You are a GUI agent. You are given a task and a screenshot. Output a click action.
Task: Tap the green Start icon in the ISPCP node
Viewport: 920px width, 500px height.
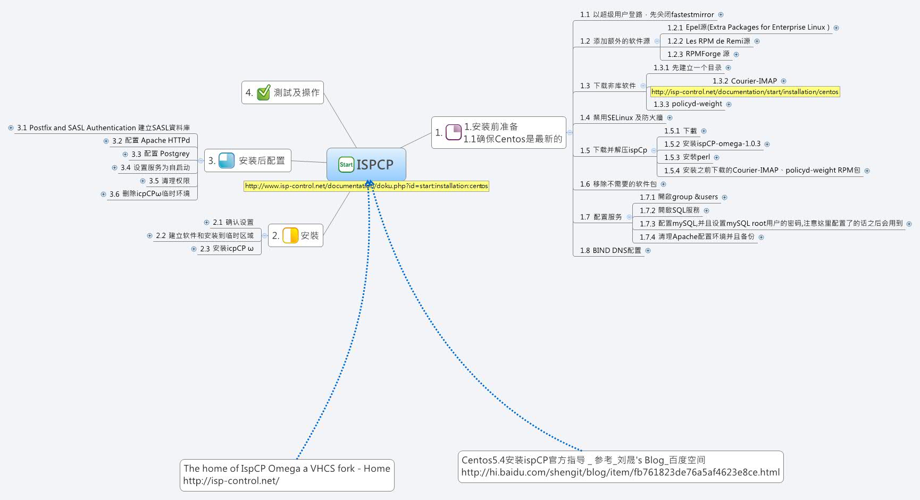click(x=346, y=165)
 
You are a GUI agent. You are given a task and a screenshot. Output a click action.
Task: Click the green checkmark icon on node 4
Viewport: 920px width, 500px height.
click(x=264, y=93)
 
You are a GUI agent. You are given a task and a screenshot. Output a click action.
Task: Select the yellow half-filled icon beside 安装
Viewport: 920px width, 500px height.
click(x=290, y=235)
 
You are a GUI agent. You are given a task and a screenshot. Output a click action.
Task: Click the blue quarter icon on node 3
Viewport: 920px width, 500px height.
click(x=227, y=160)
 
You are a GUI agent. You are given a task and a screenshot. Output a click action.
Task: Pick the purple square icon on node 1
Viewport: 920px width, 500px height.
click(x=454, y=132)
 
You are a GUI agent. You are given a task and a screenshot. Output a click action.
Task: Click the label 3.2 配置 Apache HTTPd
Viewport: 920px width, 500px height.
click(x=151, y=141)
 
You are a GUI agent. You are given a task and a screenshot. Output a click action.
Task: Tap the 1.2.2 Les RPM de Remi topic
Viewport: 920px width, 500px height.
click(x=708, y=41)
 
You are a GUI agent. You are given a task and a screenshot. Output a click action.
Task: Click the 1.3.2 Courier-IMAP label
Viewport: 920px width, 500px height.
click(x=745, y=81)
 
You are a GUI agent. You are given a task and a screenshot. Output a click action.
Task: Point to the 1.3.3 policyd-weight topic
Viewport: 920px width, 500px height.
click(x=688, y=104)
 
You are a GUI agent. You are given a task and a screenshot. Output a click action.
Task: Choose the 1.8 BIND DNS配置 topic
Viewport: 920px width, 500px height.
click(x=610, y=250)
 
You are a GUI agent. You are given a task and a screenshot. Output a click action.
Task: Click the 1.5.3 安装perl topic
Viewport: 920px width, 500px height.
click(x=687, y=157)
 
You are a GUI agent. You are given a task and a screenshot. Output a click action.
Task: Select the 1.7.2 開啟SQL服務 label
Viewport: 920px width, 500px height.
click(x=670, y=210)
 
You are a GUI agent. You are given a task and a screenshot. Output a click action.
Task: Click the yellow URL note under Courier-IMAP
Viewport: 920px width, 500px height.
click(x=745, y=92)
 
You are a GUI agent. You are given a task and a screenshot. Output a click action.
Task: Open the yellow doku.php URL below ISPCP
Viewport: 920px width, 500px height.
click(x=366, y=186)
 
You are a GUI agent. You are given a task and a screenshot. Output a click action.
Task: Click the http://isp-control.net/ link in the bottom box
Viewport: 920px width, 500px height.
click(x=231, y=481)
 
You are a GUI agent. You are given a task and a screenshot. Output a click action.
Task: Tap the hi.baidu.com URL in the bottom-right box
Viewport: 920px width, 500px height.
click(x=620, y=472)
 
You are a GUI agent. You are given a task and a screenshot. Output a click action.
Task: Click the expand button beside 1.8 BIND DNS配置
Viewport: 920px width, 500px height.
click(x=648, y=250)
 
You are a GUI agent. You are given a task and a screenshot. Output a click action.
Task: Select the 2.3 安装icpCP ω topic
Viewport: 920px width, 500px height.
click(x=227, y=249)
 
